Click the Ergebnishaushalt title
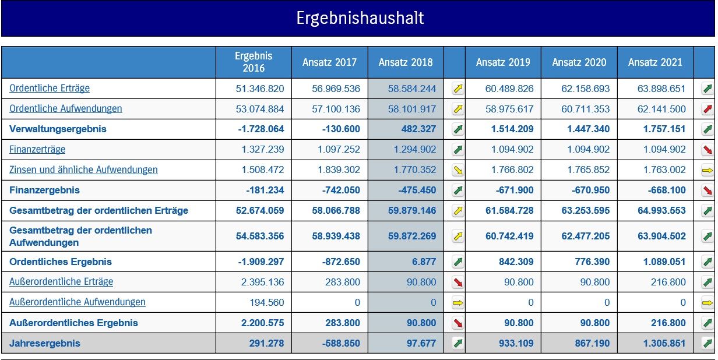[360, 18]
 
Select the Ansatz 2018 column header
[406, 62]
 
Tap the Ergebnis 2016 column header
[254, 62]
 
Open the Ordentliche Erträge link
[50, 89]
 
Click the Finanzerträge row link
[37, 149]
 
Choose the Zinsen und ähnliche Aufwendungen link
[83, 170]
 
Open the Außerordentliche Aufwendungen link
[78, 302]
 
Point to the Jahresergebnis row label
[45, 343]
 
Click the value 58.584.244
[411, 89]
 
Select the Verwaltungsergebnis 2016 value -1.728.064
[261, 129]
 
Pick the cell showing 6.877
[424, 262]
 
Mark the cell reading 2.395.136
[263, 282]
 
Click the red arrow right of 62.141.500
[708, 109]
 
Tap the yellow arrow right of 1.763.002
[708, 170]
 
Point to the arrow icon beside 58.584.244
[458, 89]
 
